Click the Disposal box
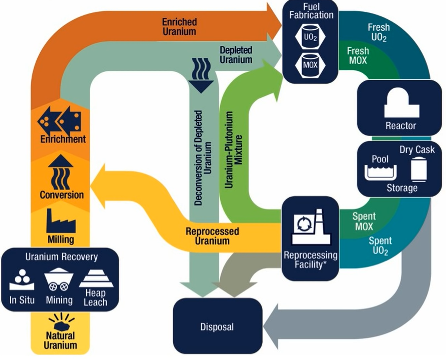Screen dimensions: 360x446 [x=217, y=326]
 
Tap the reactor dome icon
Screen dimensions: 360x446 [x=402, y=102]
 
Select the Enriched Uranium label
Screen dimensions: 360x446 [x=179, y=27]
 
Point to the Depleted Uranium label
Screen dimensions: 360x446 [x=236, y=55]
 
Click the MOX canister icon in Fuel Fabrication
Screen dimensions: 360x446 [x=310, y=65]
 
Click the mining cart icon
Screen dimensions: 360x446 [x=59, y=280]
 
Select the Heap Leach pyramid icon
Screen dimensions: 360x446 [x=96, y=279]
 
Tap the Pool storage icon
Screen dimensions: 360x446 [x=381, y=171]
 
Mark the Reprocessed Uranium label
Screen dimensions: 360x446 [x=212, y=236]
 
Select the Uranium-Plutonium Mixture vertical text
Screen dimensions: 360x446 [x=233, y=150]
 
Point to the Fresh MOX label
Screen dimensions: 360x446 [x=358, y=56]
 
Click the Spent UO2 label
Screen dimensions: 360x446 [x=380, y=246]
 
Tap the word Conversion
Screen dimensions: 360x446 [x=62, y=195]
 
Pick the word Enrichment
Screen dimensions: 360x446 [x=63, y=139]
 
